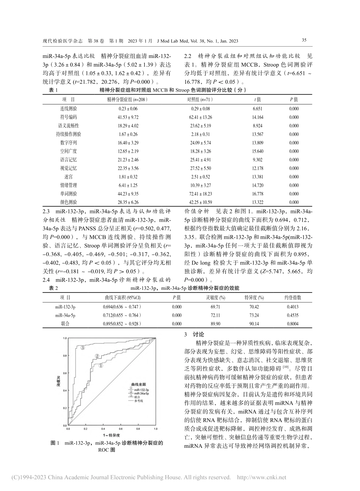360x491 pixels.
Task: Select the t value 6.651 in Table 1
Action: pyautogui.click(x=257, y=108)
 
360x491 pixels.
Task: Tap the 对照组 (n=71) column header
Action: pyautogui.click(x=200, y=100)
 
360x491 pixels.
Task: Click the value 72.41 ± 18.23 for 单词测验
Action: pyautogui.click(x=199, y=194)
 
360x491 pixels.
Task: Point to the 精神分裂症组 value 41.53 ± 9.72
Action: pyautogui.click(x=118, y=117)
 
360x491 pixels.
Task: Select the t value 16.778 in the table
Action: pyautogui.click(x=257, y=194)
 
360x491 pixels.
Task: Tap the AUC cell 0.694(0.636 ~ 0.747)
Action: pyautogui.click(x=122, y=307)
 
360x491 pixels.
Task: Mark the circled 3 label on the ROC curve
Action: pyautogui.click(x=82, y=347)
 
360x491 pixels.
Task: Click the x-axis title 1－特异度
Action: pyautogui.click(x=111, y=435)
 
